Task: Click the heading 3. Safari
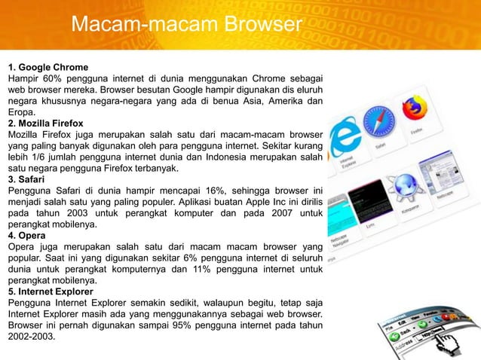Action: pos(28,180)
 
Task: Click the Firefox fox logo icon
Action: pos(412,110)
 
